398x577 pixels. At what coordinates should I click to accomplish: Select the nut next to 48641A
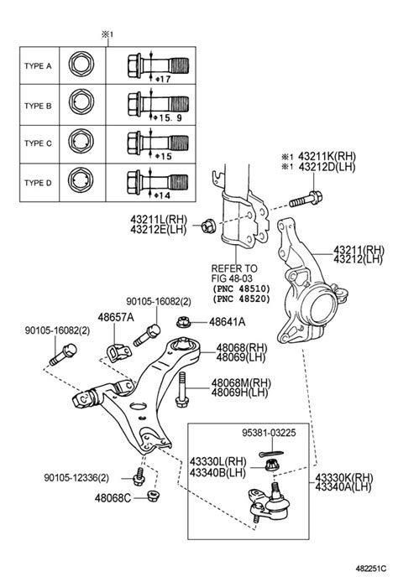point(189,320)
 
